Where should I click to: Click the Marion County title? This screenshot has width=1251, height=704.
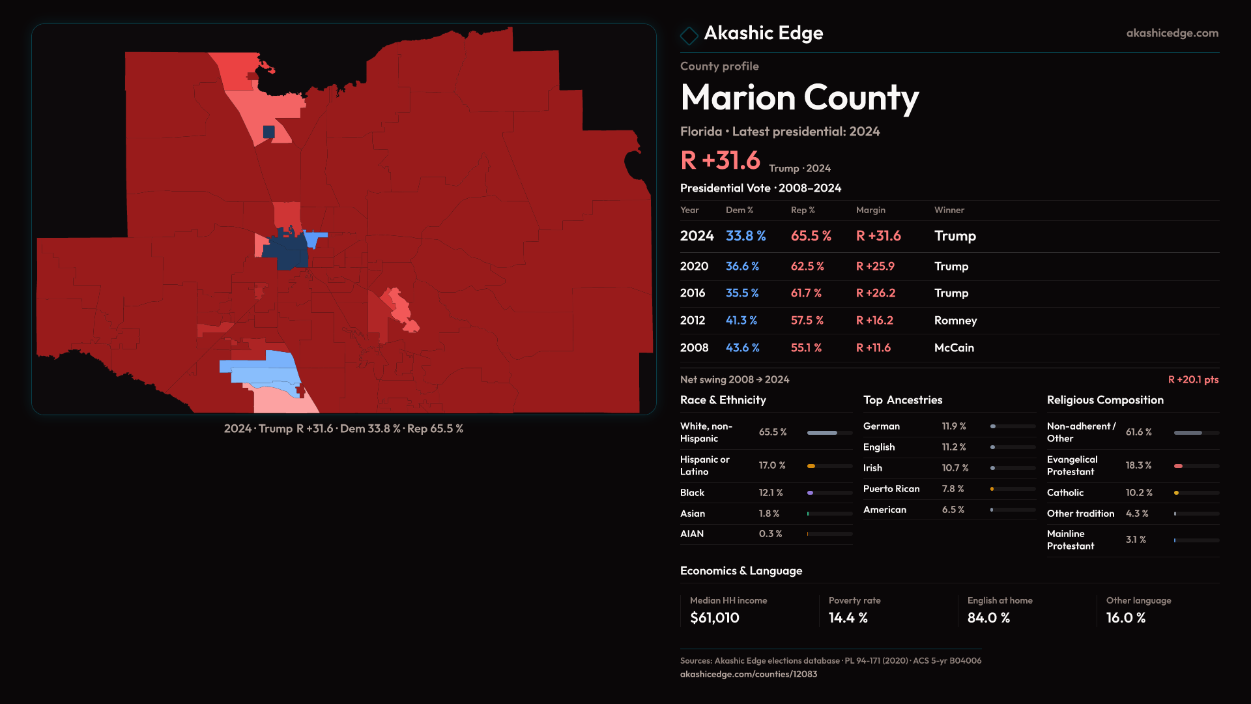coord(799,98)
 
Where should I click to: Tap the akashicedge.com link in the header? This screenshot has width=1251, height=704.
coord(1172,33)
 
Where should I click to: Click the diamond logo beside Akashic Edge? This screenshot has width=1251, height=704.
coord(689,35)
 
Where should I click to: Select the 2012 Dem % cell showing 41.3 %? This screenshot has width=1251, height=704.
coord(741,321)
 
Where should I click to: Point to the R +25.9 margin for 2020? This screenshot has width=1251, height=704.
coord(875,267)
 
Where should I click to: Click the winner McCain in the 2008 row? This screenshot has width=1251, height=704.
coord(954,348)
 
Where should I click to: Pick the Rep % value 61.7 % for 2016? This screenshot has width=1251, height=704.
coord(806,293)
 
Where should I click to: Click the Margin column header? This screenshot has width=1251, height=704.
coord(870,210)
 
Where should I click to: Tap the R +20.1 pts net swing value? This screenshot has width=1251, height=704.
coord(1193,379)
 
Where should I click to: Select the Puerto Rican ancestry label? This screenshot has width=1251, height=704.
coord(891,489)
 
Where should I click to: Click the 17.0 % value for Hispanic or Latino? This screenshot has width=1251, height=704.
coord(772,465)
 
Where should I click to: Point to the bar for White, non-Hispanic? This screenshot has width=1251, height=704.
coord(822,433)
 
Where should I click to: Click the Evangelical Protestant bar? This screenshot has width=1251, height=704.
coord(1178,466)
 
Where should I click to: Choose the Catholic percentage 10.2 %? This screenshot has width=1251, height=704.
coord(1139,493)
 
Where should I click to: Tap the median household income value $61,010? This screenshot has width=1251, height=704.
coord(715,618)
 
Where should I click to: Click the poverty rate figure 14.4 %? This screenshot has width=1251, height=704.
coord(848,618)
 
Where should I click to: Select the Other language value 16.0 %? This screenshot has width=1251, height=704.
coord(1125,618)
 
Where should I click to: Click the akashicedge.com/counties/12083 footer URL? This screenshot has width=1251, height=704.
coord(749,674)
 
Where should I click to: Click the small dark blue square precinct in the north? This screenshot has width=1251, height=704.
coord(268,132)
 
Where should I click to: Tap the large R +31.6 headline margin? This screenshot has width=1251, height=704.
coord(720,160)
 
